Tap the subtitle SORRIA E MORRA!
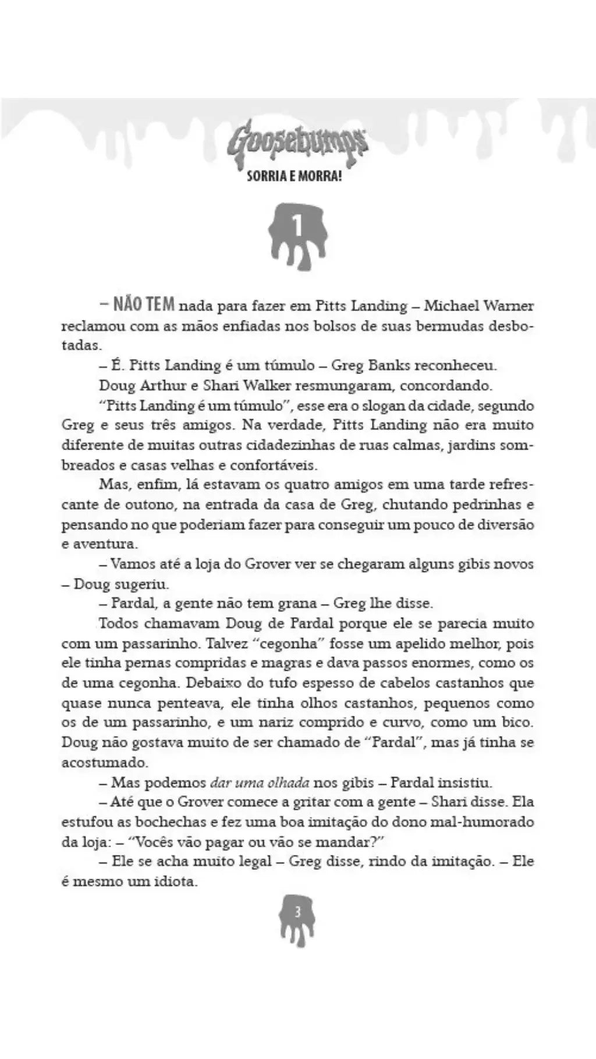click(294, 176)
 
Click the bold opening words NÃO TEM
click(143, 304)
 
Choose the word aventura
click(104, 544)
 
